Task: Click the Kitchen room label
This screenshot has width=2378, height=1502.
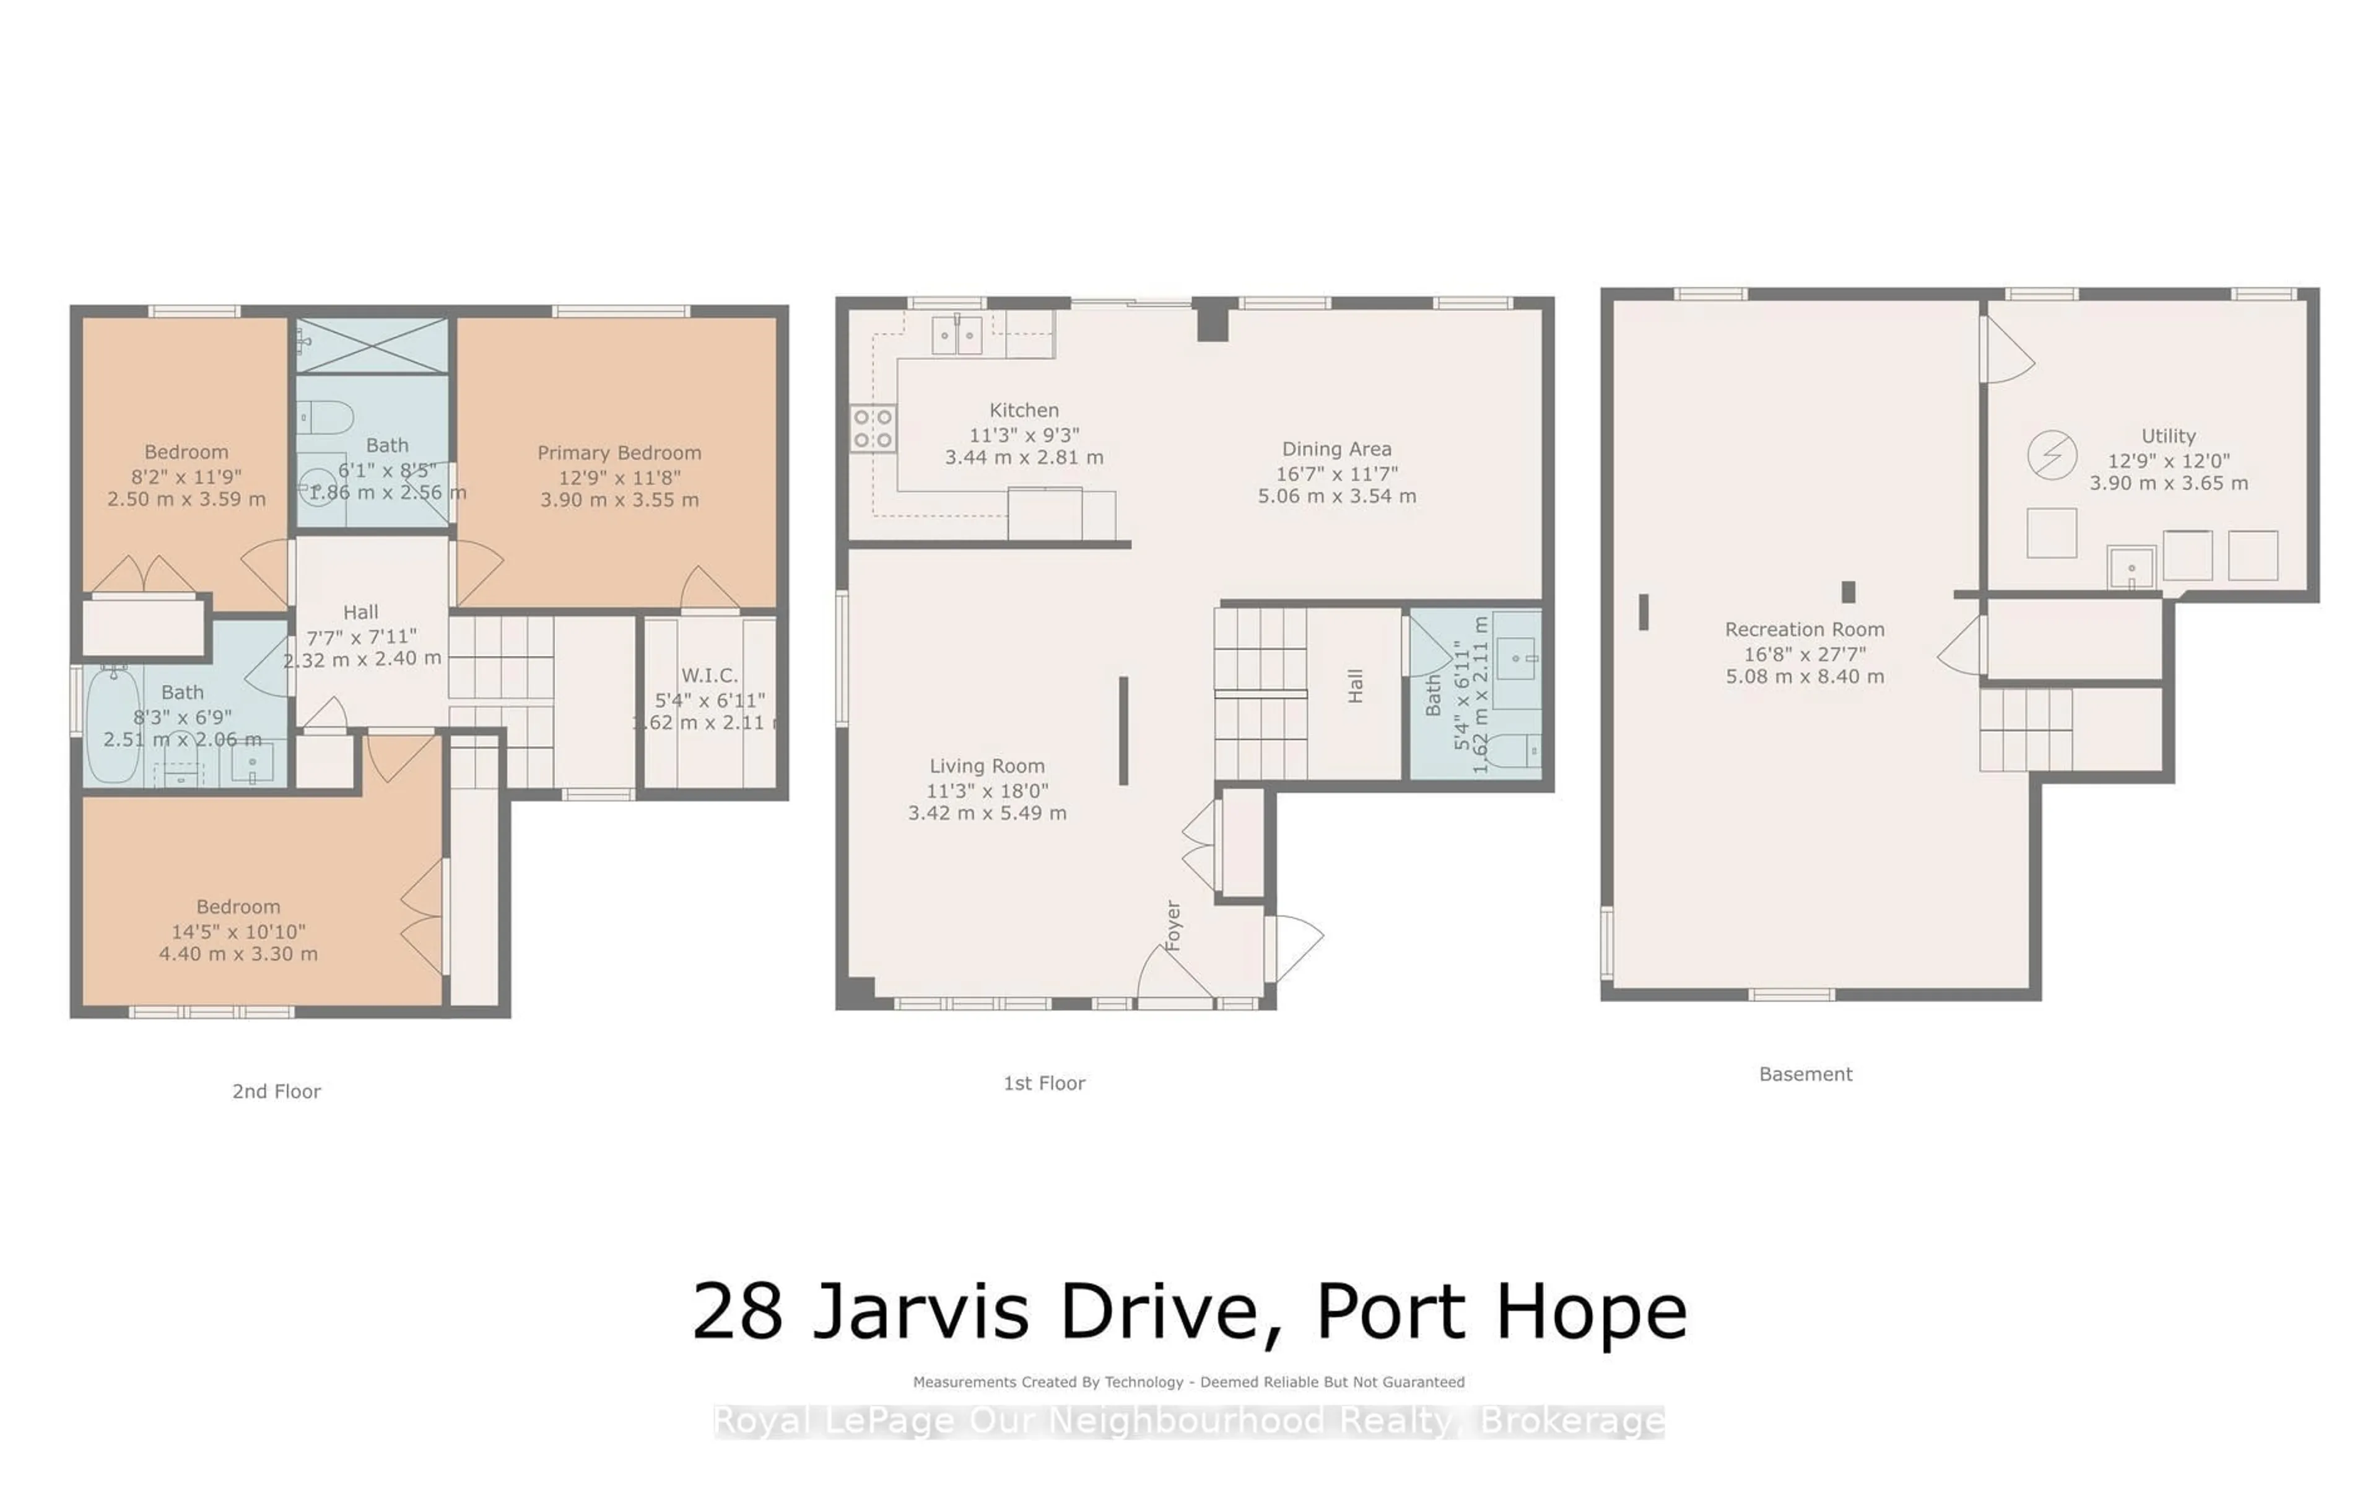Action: coord(1024,411)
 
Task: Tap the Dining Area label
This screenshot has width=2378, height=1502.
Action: coord(1336,449)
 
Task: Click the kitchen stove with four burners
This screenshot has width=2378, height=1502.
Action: coord(873,429)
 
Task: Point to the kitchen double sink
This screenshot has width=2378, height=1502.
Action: coord(957,336)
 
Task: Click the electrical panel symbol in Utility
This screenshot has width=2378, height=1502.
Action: coord(2052,455)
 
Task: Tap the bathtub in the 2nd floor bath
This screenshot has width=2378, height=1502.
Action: coord(113,726)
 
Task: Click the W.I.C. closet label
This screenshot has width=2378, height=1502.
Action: coord(709,676)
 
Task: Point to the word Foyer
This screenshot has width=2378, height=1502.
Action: coord(1172,925)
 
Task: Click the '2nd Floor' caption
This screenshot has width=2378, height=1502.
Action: coord(277,1092)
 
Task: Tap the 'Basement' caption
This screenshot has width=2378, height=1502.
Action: coord(1805,1075)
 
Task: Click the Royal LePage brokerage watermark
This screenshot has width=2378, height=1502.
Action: coord(1189,1422)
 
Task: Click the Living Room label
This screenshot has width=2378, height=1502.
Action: coord(986,766)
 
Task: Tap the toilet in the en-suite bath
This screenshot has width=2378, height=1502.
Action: coord(326,417)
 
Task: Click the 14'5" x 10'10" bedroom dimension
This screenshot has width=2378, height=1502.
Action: coord(238,931)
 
